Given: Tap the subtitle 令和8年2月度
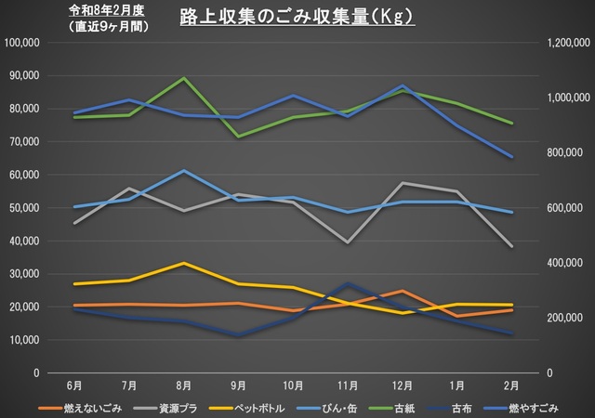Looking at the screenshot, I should coord(108,11).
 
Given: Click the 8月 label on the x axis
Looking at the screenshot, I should coord(184,384).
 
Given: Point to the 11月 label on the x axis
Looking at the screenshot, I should coord(347,384).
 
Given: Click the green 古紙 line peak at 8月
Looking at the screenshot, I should coord(184,78).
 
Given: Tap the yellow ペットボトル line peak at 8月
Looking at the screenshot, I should coord(184,263).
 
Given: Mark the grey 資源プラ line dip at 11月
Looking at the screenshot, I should coord(347,242).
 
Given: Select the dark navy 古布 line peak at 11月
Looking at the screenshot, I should coord(347,283).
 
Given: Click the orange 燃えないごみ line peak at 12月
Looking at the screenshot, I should coord(401,292).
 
